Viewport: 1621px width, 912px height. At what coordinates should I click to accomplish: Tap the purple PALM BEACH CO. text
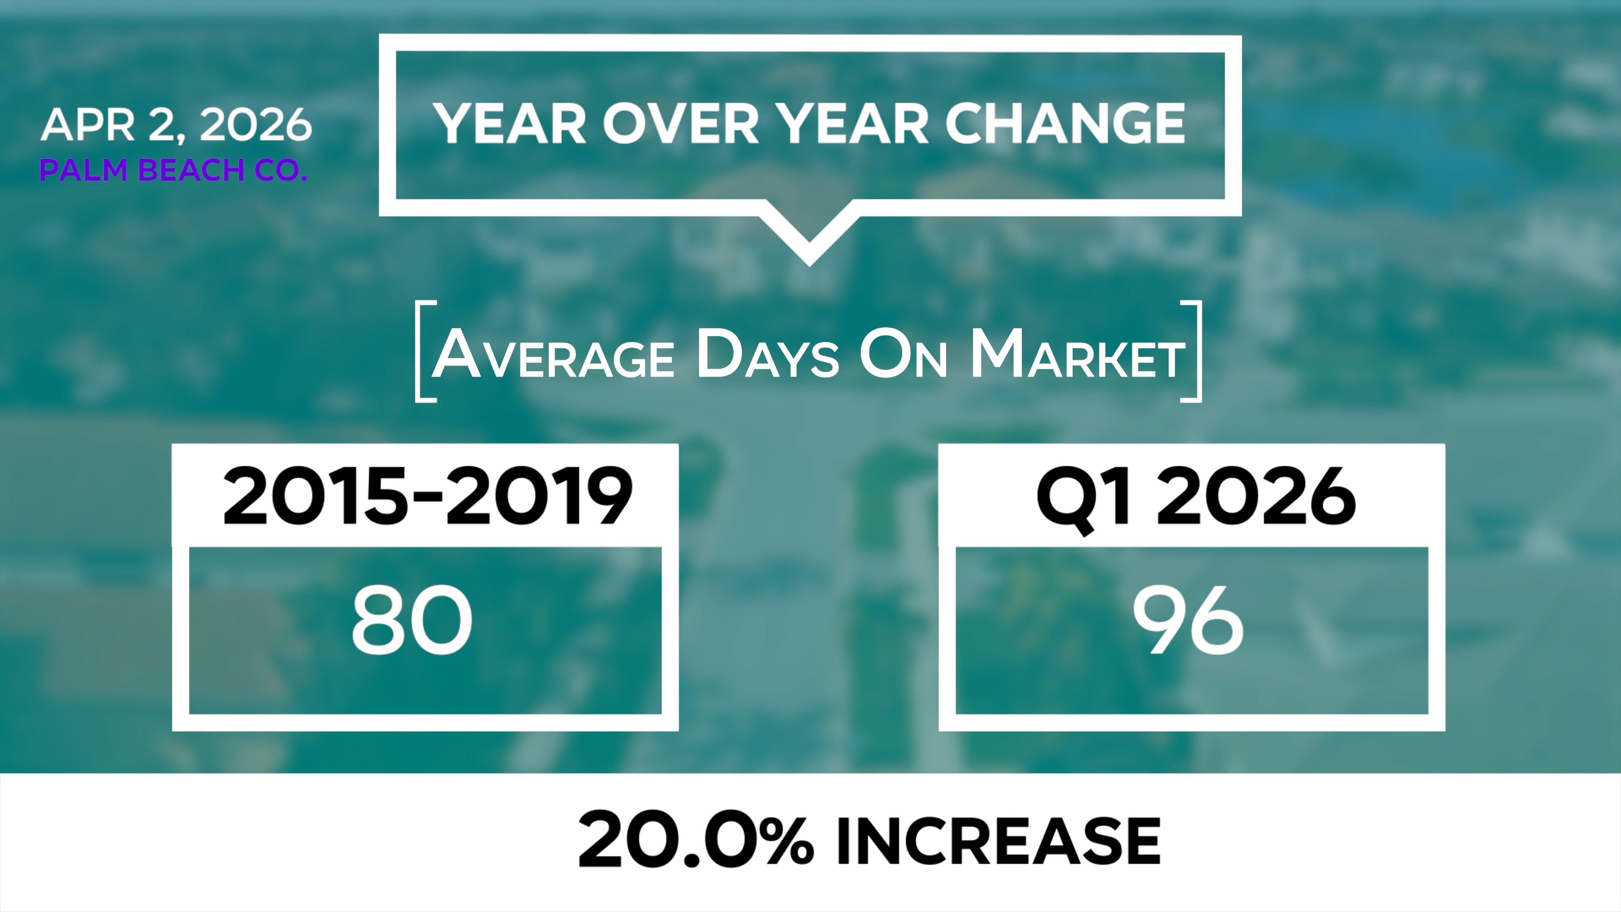tap(173, 170)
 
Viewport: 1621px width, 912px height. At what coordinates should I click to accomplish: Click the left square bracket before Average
tap(426, 351)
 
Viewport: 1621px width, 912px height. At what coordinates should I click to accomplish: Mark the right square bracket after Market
tap(1191, 351)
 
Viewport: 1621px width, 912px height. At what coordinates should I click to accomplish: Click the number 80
tap(412, 620)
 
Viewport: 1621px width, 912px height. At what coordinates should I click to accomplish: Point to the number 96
tap(1188, 620)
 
